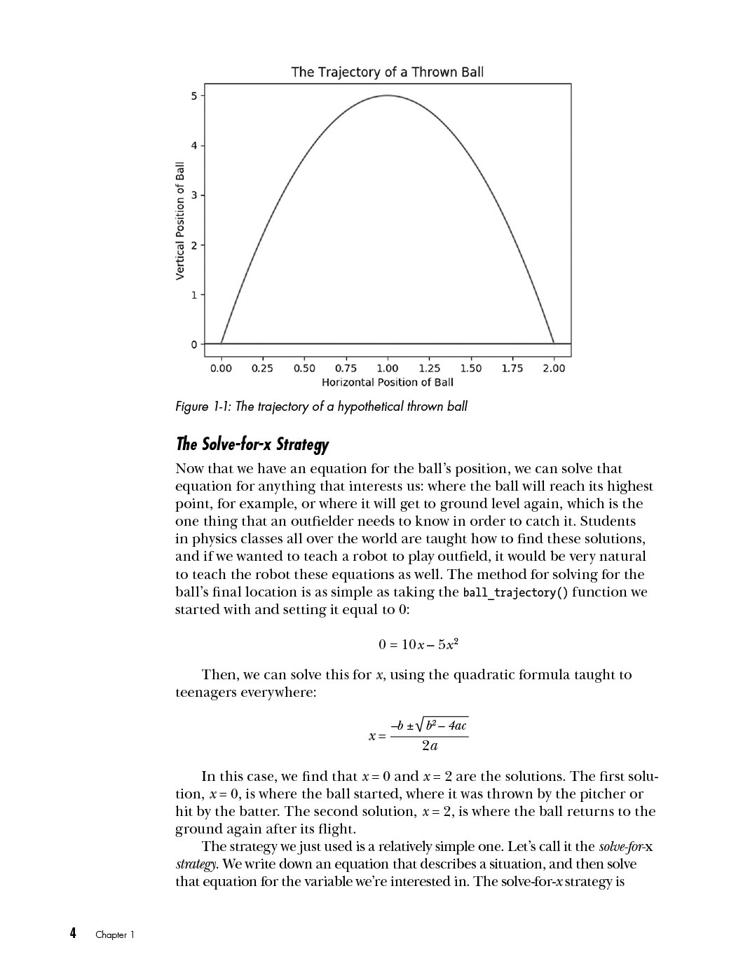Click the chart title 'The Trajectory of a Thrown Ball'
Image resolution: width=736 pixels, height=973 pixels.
[387, 72]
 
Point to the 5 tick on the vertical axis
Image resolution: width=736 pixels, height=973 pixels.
[194, 95]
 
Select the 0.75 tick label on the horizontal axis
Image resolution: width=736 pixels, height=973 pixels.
[346, 368]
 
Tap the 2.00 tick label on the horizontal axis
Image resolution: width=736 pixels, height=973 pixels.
[554, 368]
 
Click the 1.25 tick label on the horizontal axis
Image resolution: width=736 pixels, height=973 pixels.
[429, 368]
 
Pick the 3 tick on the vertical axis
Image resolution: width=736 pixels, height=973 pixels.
[194, 195]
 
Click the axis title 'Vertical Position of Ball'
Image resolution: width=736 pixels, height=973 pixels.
[180, 221]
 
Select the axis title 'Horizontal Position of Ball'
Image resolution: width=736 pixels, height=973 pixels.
[387, 382]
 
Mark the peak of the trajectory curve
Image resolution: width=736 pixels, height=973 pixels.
[388, 95]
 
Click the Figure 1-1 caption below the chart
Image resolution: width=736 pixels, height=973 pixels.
[321, 407]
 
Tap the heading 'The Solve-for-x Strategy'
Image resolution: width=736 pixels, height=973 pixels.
[252, 444]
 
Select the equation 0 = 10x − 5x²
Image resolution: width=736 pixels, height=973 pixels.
[418, 644]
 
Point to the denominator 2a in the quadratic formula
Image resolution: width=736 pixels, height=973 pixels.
[430, 746]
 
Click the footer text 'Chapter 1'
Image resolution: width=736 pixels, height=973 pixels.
[114, 934]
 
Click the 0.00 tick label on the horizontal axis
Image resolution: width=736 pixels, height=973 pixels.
[221, 368]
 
